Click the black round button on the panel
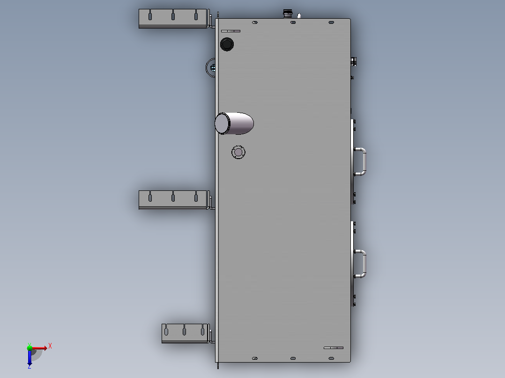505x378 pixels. (x=227, y=44)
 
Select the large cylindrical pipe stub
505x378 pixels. (x=234, y=123)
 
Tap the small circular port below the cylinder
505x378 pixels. (x=238, y=152)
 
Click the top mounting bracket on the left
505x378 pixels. (x=174, y=19)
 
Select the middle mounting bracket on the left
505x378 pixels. (x=174, y=200)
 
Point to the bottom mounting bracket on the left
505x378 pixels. (x=186, y=333)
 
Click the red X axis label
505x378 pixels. (x=50, y=346)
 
